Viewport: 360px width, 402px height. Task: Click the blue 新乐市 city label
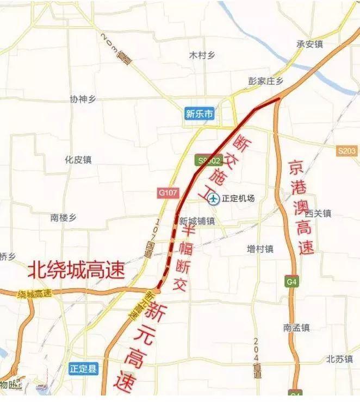[199, 114]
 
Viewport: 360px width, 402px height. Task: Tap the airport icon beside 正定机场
[213, 199]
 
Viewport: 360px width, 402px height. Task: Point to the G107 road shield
[164, 193]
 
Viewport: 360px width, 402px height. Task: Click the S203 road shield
[346, 150]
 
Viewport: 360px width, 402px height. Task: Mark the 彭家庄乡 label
[266, 81]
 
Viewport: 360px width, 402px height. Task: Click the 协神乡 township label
[83, 99]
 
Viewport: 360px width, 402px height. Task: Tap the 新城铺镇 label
[197, 221]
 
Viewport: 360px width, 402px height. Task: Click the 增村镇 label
[260, 249]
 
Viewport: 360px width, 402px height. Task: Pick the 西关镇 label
[318, 213]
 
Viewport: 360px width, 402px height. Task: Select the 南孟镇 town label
[296, 328]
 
